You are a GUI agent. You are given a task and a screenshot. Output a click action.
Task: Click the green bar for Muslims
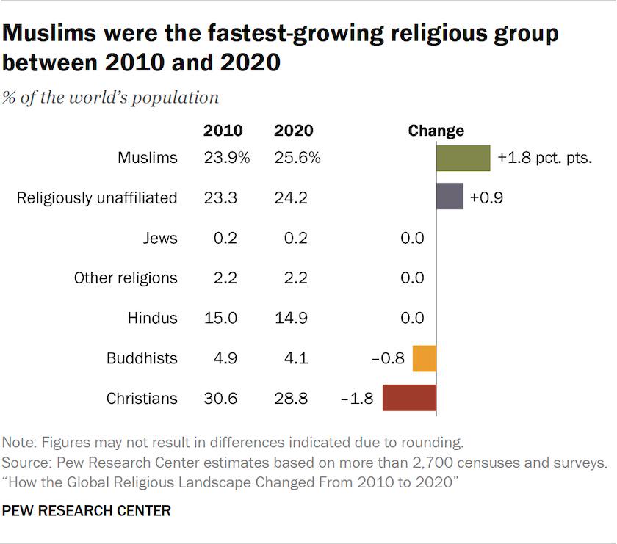[x=463, y=158]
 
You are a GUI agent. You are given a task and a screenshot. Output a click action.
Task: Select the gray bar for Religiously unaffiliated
[x=450, y=197]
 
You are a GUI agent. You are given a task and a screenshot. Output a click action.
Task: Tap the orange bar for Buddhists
[x=425, y=359]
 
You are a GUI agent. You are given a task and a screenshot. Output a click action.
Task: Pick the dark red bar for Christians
[x=409, y=399]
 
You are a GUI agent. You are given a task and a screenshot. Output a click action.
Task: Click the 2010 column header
[x=223, y=131]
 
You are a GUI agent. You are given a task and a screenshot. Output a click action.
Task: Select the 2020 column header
[x=293, y=131]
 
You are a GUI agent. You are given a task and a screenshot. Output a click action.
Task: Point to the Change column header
[x=436, y=131]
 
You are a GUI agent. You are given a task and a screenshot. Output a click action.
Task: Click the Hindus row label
[x=152, y=318]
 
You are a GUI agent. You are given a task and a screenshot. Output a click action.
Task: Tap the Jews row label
[x=160, y=237]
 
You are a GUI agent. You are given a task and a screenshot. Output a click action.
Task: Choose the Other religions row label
[x=126, y=278]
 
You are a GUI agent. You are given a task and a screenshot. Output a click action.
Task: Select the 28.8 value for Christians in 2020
[x=292, y=399]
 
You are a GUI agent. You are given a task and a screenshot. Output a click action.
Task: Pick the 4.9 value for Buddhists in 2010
[x=223, y=359]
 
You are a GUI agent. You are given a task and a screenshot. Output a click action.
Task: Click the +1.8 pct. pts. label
[x=544, y=158]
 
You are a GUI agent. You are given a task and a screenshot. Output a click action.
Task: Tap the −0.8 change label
[x=388, y=359]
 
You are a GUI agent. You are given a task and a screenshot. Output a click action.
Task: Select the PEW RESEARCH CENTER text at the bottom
[x=87, y=511]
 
